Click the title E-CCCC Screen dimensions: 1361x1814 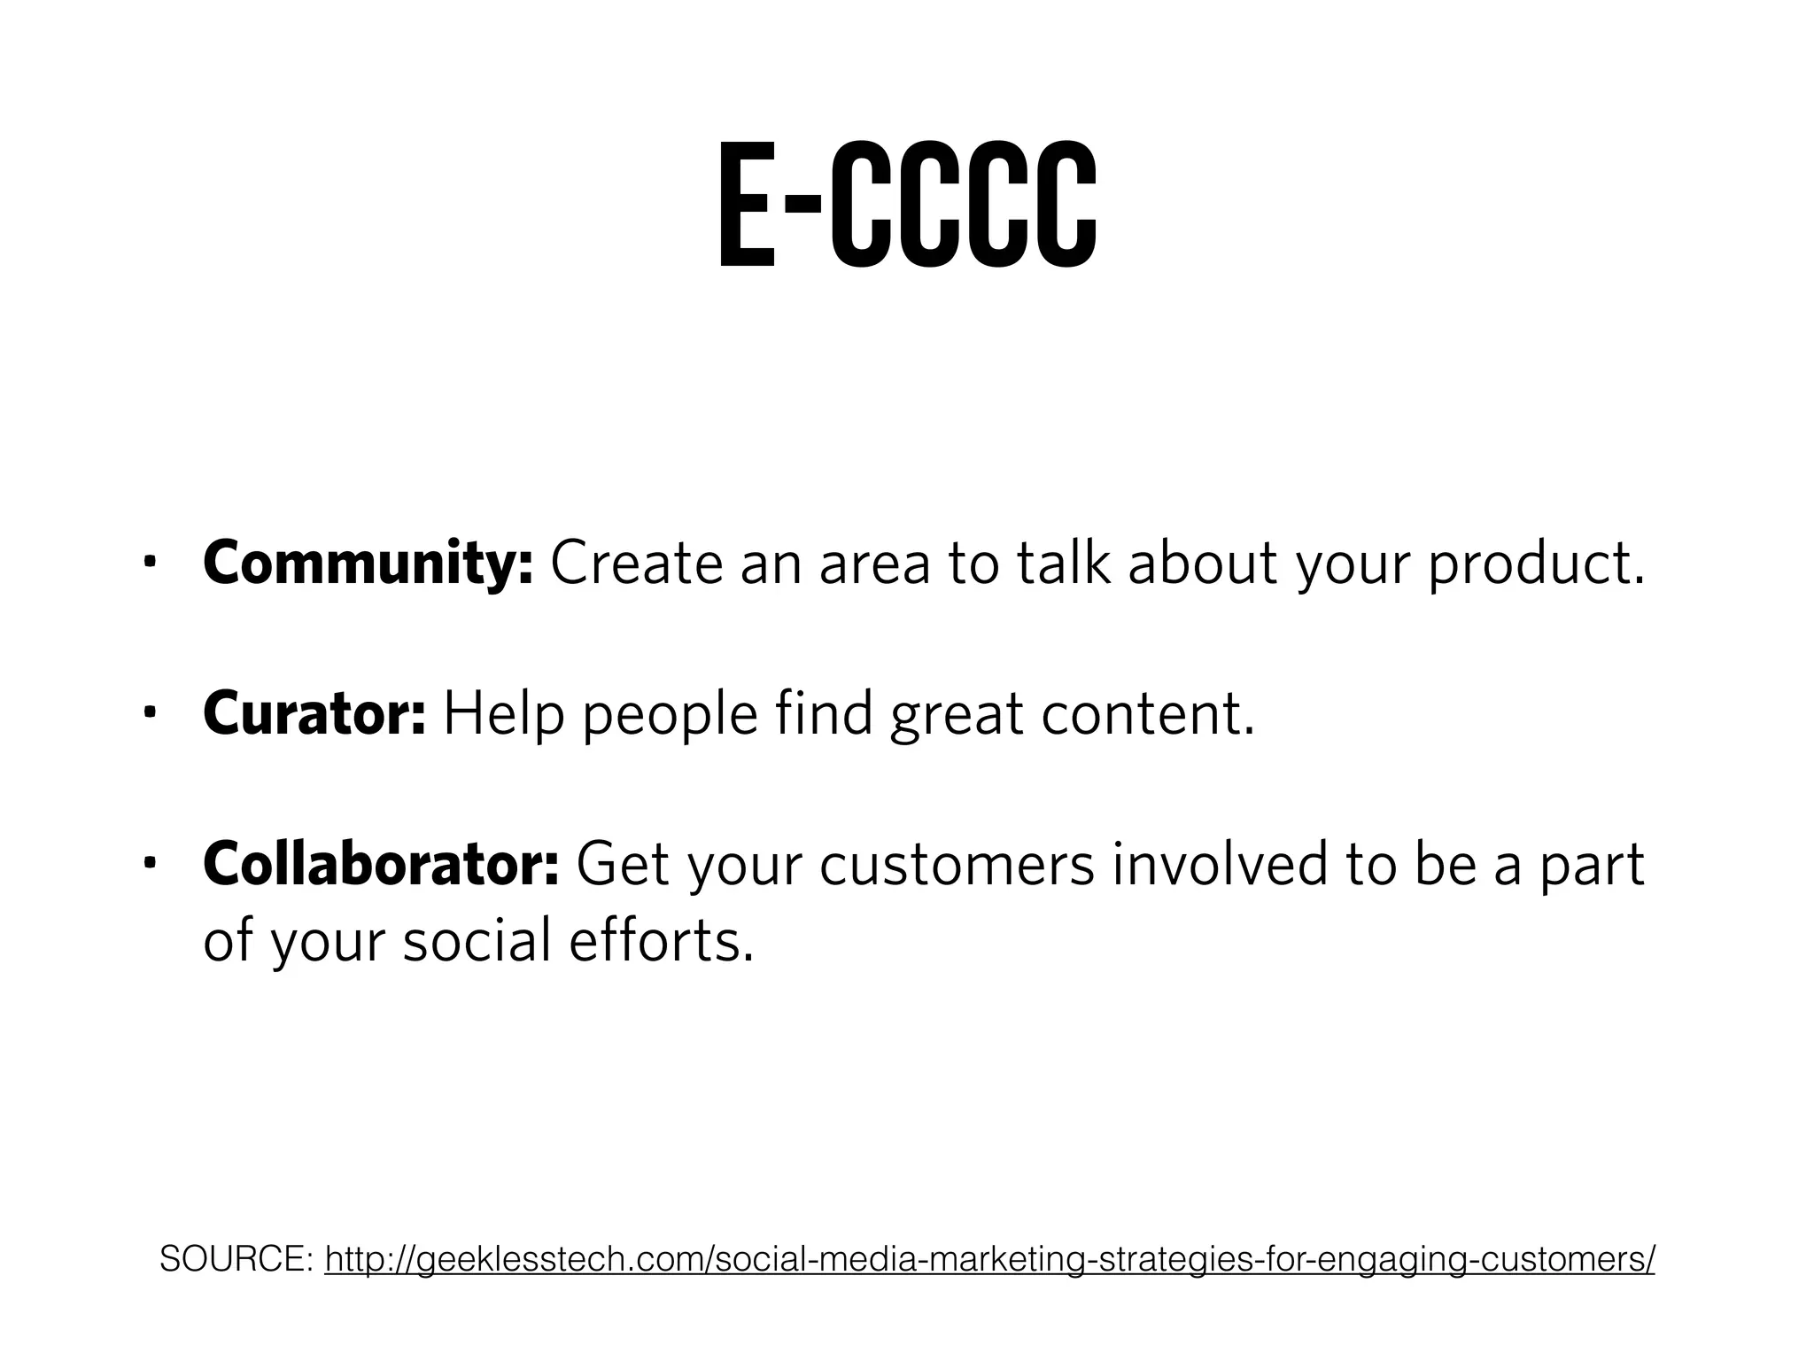pyautogui.click(x=906, y=206)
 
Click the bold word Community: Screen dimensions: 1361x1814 pyautogui.click(x=368, y=564)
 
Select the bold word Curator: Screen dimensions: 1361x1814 pyautogui.click(x=314, y=713)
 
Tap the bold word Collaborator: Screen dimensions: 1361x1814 pyautogui.click(x=381, y=864)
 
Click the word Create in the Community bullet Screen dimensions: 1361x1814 pyautogui.click(x=637, y=564)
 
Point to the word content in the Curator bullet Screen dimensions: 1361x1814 pyautogui.click(x=1148, y=714)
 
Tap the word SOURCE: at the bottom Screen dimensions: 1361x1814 pyautogui.click(x=234, y=1258)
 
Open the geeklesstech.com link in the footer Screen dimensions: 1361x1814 pyautogui.click(x=989, y=1259)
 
